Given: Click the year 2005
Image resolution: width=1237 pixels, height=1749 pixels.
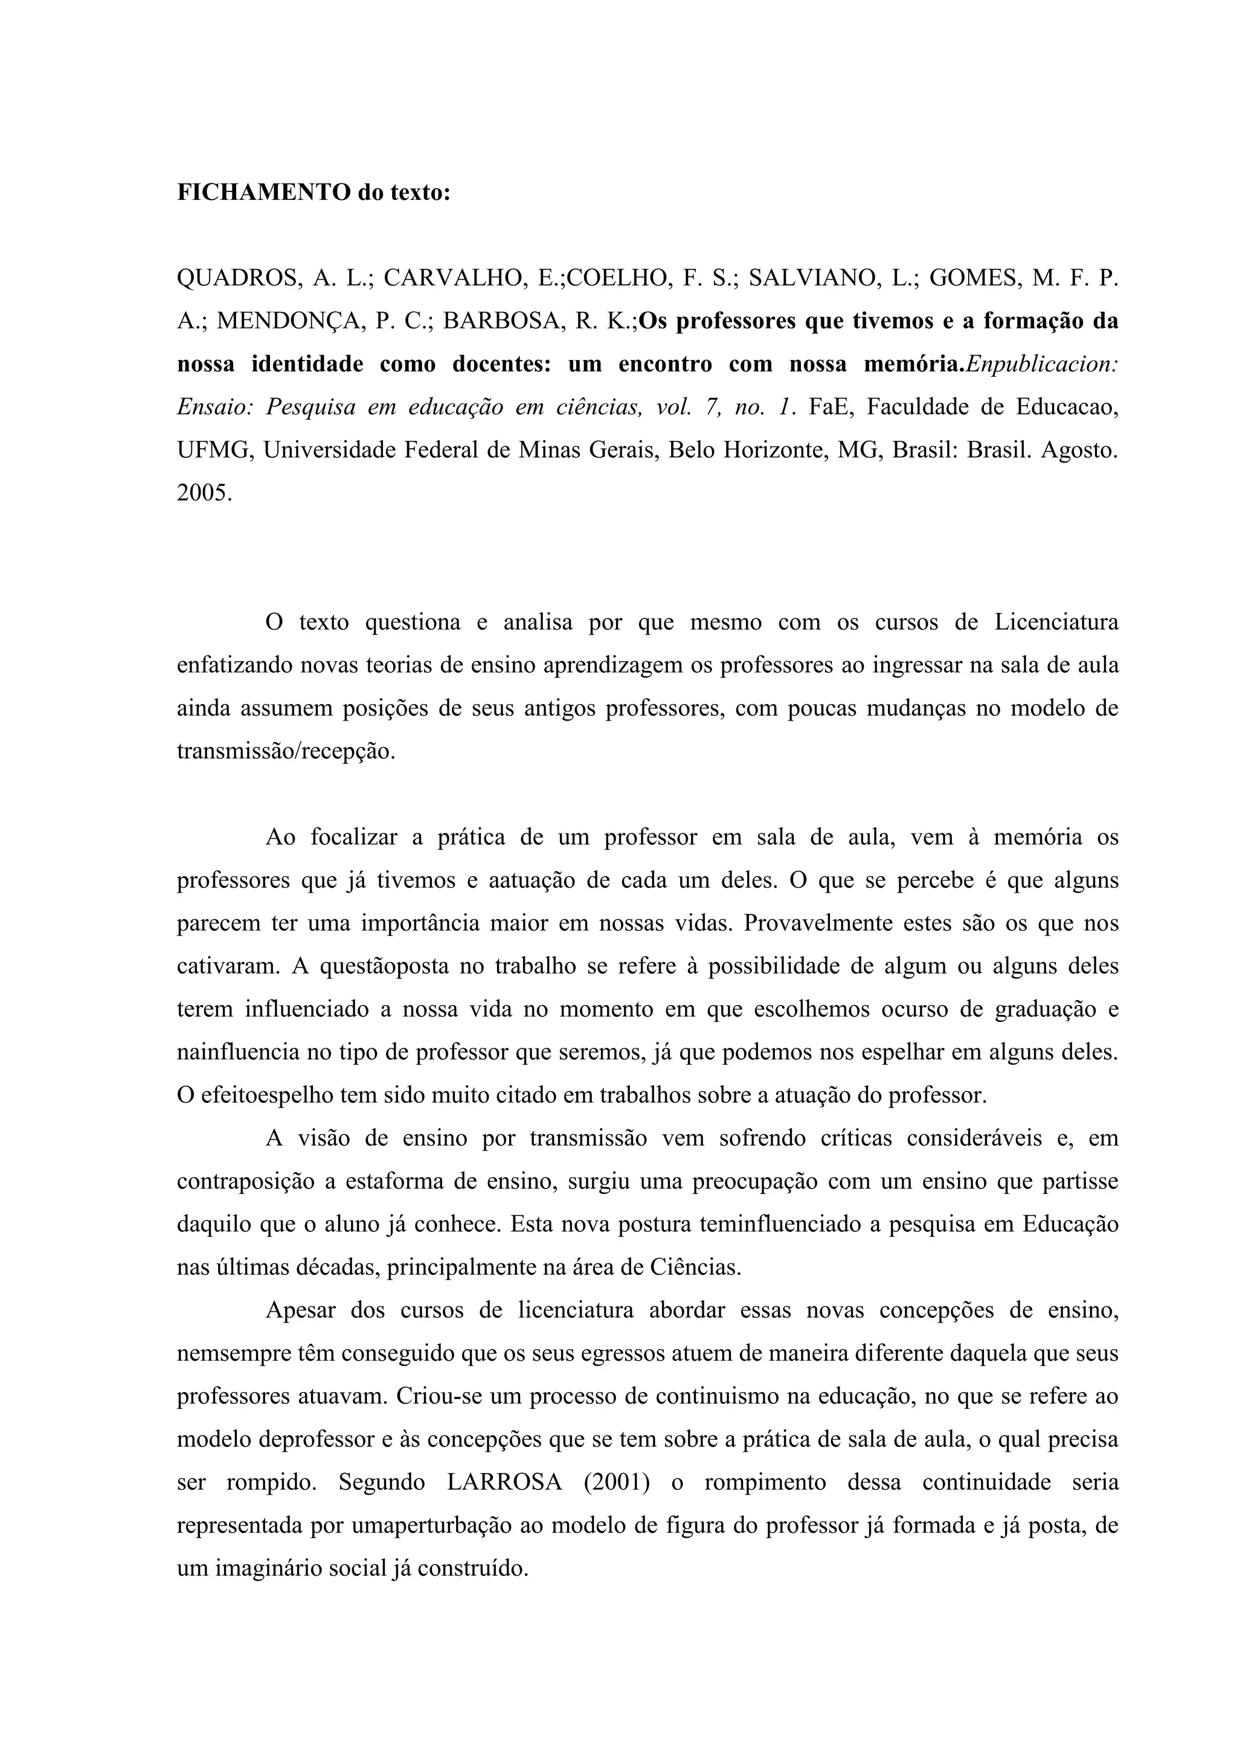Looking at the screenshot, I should click(204, 493).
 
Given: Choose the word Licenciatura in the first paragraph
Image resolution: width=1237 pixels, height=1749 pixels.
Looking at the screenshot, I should click(1056, 623).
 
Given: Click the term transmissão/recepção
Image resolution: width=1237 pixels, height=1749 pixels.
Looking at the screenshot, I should click(286, 751).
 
